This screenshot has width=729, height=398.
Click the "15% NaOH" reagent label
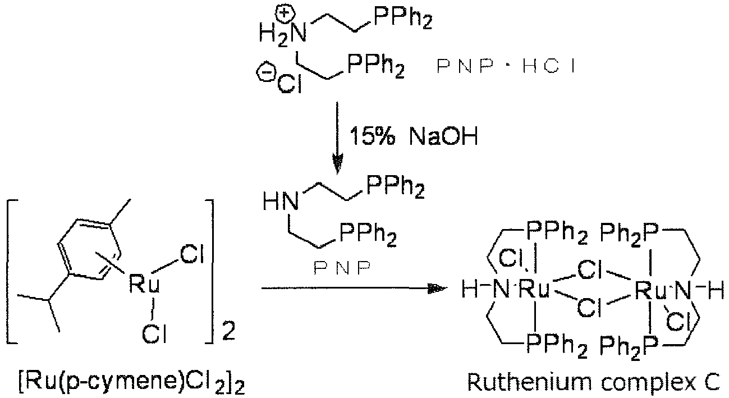414,136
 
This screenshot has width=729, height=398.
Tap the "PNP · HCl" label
506,67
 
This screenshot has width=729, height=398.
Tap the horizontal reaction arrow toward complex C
354,288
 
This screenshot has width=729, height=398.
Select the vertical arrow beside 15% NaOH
337,138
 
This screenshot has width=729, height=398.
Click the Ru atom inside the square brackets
144,284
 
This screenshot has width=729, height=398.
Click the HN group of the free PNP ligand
281,202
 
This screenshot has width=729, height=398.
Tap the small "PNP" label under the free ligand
342,268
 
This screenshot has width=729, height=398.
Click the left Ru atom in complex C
533,289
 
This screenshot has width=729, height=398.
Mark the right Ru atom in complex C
650,290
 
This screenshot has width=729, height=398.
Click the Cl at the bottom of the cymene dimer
154,333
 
